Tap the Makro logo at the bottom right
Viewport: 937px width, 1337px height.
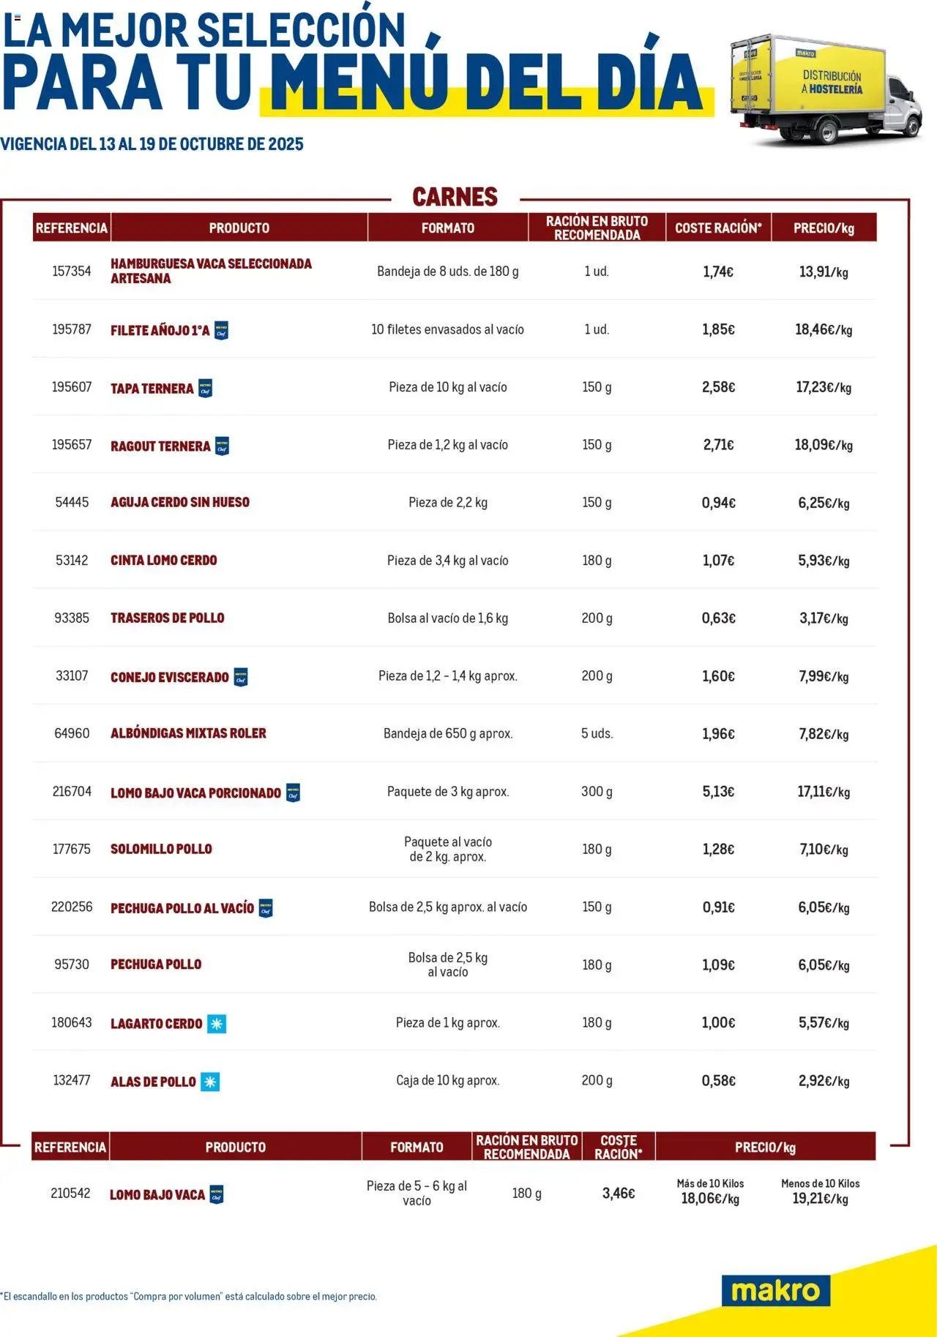pyautogui.click(x=775, y=1290)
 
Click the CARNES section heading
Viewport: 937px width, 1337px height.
pyautogui.click(x=455, y=197)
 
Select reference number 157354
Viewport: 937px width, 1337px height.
pyautogui.click(x=72, y=271)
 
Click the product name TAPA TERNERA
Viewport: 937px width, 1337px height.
pyautogui.click(x=152, y=389)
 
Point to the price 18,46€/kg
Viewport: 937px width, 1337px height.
pyautogui.click(x=824, y=330)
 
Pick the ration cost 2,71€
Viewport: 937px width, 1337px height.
pyautogui.click(x=718, y=445)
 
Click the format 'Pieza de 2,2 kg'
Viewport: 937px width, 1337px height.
pyautogui.click(x=447, y=503)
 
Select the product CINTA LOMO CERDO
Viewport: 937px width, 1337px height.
pyautogui.click(x=164, y=561)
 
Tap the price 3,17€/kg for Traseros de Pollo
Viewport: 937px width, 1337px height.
pyautogui.click(x=824, y=618)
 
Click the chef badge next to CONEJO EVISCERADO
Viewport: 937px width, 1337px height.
pyautogui.click(x=240, y=678)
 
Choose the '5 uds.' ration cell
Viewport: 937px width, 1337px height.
pyautogui.click(x=597, y=733)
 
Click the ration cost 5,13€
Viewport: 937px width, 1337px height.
pyautogui.click(x=718, y=792)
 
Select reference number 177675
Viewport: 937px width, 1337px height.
pyautogui.click(x=72, y=849)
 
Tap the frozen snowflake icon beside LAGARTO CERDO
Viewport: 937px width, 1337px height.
pyautogui.click(x=217, y=1024)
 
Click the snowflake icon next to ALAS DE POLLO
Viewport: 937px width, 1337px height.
pyautogui.click(x=210, y=1082)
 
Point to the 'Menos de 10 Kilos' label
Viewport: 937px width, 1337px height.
pyautogui.click(x=820, y=1183)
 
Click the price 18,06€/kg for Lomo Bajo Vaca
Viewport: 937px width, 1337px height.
pyautogui.click(x=710, y=1199)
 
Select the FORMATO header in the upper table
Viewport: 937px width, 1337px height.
pyautogui.click(x=447, y=228)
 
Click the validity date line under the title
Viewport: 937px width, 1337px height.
pyautogui.click(x=152, y=144)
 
